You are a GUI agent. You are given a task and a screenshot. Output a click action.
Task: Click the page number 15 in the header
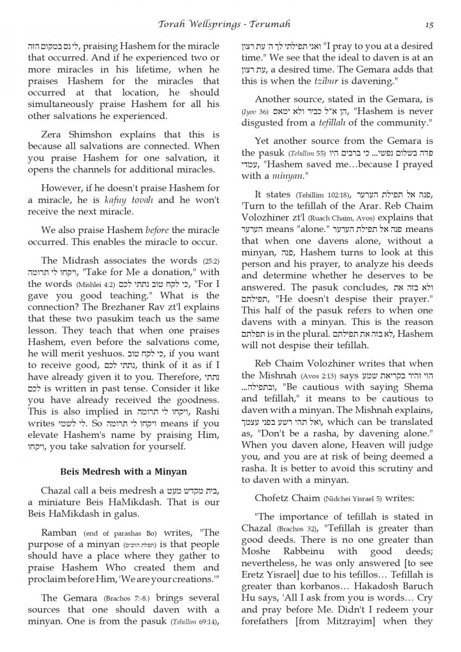click(429, 24)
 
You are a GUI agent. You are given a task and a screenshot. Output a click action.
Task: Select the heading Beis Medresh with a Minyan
click(123, 471)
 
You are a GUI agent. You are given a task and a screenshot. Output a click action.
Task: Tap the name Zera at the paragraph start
click(54, 134)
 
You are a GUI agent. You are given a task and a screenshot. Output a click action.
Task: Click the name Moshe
click(255, 551)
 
